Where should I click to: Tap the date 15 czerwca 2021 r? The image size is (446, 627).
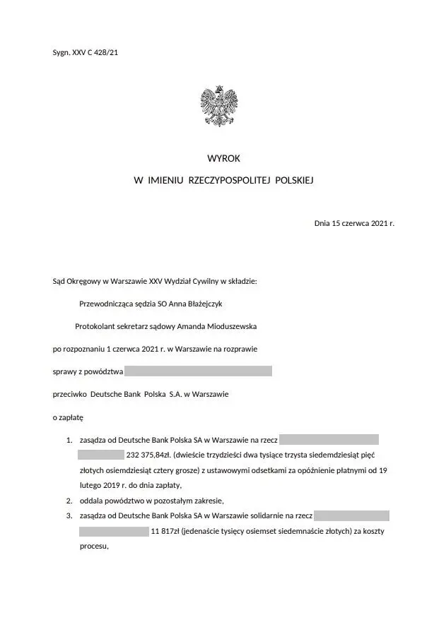(x=362, y=223)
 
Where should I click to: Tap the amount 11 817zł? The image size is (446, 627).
(x=165, y=531)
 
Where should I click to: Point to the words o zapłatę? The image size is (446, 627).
(x=69, y=417)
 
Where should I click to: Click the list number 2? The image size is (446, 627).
(x=69, y=501)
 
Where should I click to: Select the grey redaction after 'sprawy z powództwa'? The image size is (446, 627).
(x=198, y=371)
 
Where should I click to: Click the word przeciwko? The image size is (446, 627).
(x=70, y=394)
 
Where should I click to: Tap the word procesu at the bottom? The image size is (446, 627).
(x=93, y=547)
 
